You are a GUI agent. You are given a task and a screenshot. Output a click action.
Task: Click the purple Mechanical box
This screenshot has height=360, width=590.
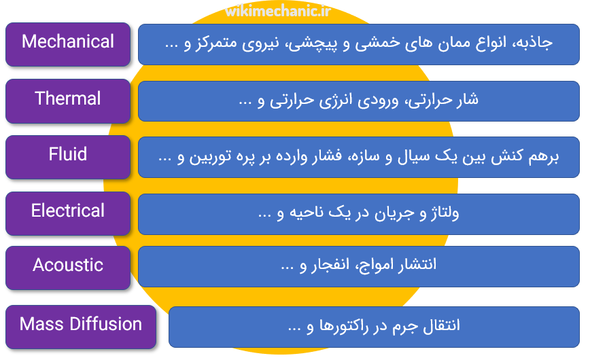68,44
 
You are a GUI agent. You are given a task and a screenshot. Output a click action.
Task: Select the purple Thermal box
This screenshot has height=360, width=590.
68,101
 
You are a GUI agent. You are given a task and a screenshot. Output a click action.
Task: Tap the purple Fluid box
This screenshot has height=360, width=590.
68,157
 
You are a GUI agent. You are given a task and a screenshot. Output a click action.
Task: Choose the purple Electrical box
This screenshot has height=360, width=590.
68,213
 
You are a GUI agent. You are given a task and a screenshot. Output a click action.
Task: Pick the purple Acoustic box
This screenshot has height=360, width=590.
68,268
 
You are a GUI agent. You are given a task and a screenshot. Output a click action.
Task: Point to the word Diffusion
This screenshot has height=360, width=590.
106,324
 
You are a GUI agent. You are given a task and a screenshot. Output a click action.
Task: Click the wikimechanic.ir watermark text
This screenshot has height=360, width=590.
278,11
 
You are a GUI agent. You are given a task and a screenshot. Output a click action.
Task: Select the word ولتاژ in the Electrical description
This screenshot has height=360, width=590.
445,213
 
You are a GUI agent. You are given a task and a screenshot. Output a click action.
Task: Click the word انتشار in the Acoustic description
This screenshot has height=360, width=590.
417,264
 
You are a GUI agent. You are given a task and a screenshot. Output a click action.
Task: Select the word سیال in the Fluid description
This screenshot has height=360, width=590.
414,156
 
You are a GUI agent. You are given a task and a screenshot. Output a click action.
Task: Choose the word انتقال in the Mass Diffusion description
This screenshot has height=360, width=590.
442,325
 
